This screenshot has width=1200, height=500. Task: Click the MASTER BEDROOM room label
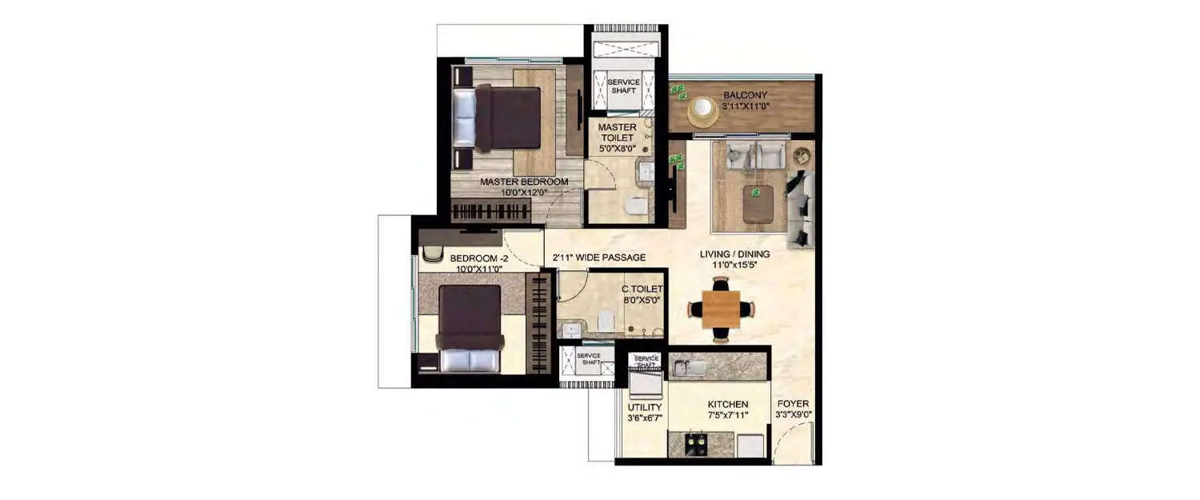[x=524, y=182]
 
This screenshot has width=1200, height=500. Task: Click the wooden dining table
[x=722, y=309]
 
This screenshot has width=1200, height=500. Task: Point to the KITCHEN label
[x=727, y=405]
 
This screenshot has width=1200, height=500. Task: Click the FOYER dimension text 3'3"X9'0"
[x=793, y=414]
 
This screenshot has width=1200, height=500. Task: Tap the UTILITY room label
[x=645, y=407]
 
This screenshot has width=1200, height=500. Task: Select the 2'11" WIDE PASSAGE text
[x=599, y=258]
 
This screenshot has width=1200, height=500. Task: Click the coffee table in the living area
[x=758, y=204]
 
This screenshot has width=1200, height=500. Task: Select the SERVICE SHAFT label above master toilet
[x=622, y=86]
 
